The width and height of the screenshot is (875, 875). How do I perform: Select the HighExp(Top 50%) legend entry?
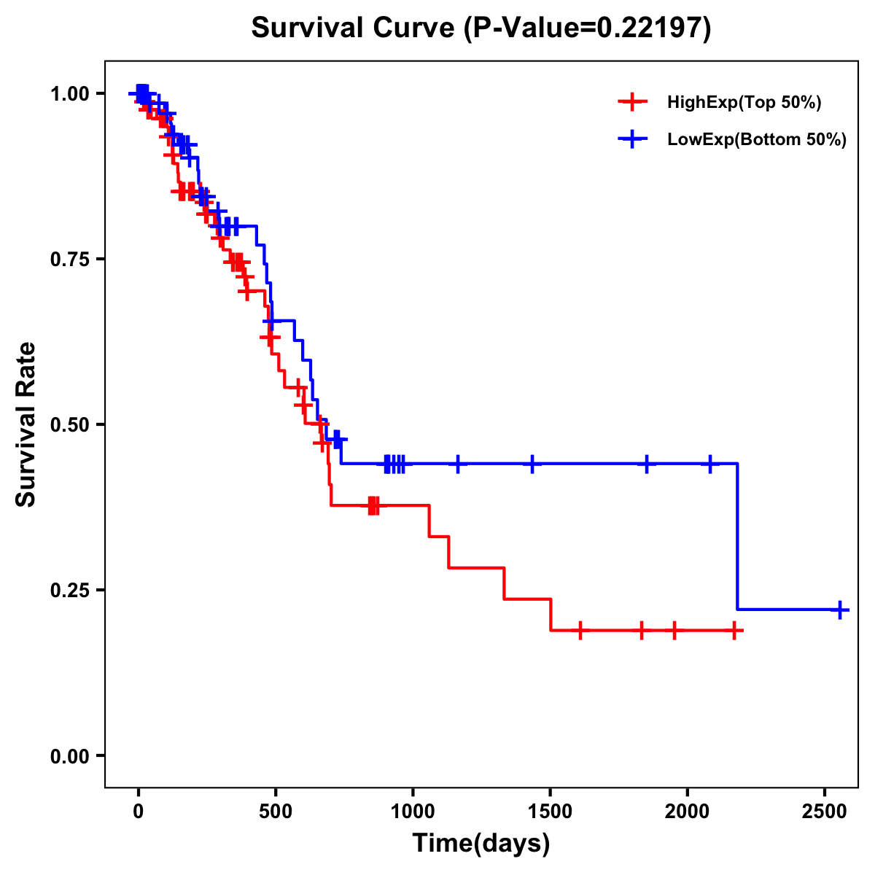744,103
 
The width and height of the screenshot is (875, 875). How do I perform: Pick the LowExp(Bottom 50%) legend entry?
756,140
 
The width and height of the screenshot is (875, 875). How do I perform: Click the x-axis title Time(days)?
481,844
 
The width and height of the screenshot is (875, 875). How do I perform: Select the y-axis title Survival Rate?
26,424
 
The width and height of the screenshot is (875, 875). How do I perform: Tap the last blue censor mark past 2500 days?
840,610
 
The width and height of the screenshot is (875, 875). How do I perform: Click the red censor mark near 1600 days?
580,630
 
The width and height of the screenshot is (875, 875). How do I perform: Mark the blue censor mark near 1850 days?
646,463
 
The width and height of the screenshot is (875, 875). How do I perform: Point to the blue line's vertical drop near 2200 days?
738,536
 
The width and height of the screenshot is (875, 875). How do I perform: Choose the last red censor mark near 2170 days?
734,630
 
